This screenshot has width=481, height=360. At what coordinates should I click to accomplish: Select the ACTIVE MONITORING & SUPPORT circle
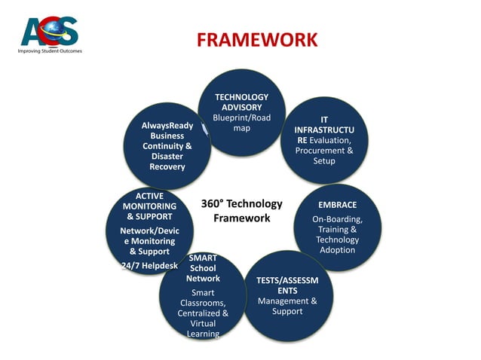click(150, 230)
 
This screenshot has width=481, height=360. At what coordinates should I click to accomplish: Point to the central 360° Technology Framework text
click(241, 211)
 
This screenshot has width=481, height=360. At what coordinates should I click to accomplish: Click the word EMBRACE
click(338, 205)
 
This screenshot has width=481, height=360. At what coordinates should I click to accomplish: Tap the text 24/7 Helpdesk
click(150, 266)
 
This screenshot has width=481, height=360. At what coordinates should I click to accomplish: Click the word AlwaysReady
click(167, 125)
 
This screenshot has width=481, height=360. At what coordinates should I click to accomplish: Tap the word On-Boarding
click(338, 219)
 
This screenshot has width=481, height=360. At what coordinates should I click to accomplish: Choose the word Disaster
click(167, 156)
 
